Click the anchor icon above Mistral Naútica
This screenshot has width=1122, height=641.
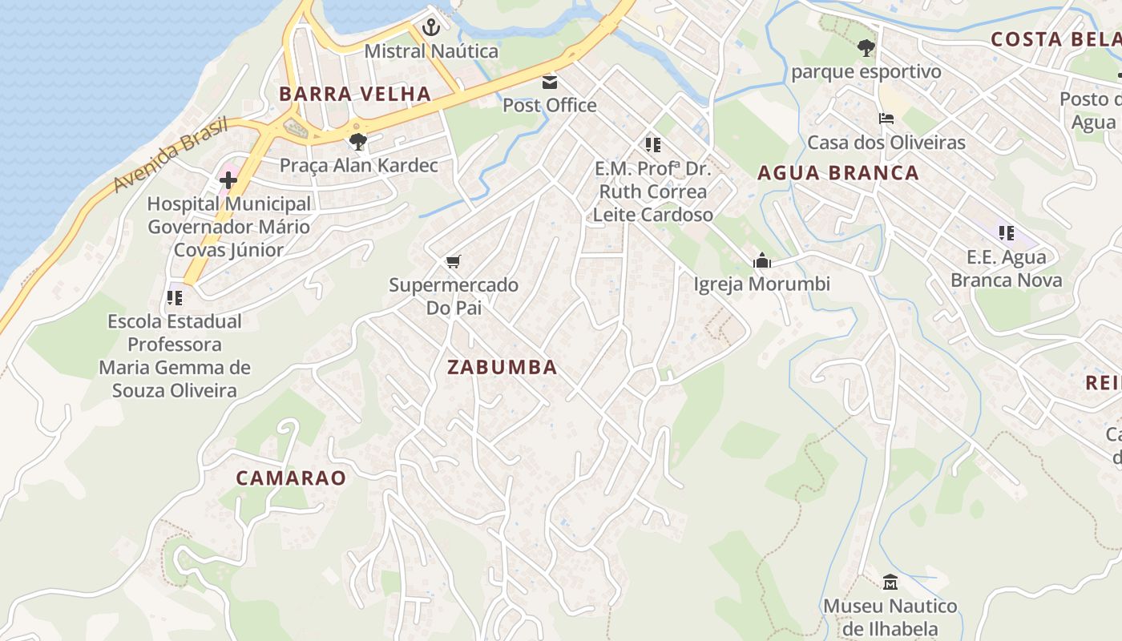431,28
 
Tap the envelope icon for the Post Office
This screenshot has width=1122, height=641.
550,82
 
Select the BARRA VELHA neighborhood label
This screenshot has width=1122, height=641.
355,94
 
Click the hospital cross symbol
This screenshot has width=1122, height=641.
228,180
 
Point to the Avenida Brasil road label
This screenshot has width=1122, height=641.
170,155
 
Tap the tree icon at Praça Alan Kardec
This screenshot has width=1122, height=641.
358,143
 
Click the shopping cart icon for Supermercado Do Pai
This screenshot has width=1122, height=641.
454,261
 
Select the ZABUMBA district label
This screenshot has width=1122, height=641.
502,368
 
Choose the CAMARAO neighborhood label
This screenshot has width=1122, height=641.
291,478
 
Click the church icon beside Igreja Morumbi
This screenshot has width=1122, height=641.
762,260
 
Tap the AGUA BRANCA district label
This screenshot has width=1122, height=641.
837,173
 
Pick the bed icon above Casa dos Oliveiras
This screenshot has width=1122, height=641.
886,119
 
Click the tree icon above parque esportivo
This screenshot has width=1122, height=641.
866,48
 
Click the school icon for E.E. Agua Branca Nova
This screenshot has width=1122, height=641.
1007,233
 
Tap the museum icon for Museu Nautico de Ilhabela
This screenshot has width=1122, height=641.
890,582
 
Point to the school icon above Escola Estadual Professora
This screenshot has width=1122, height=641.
175,298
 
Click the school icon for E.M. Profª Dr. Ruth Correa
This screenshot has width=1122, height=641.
653,145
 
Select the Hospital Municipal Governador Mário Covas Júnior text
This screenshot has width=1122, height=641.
228,227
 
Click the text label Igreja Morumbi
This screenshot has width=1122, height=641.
761,284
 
